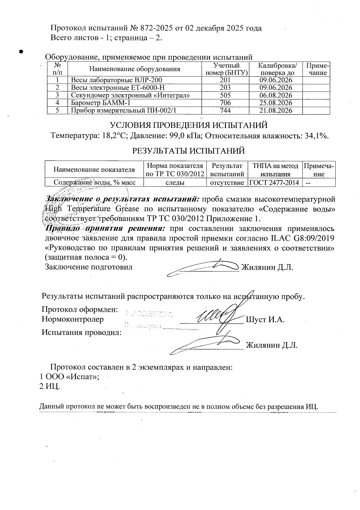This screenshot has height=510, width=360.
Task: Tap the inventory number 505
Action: pyautogui.click(x=225, y=95)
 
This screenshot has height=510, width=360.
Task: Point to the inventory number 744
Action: pyautogui.click(x=225, y=110)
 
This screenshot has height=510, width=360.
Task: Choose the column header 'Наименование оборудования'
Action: pyautogui.click(x=135, y=69)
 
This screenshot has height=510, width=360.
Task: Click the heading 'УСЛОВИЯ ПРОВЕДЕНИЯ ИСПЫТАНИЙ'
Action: pyautogui.click(x=188, y=125)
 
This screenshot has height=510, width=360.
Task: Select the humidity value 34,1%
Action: pyautogui.click(x=316, y=136)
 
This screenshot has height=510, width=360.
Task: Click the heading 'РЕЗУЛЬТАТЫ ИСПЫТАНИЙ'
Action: pyautogui.click(x=188, y=151)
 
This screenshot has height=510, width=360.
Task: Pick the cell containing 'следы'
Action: pyautogui.click(x=175, y=182)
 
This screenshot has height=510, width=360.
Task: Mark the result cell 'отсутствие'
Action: pyautogui.click(x=227, y=182)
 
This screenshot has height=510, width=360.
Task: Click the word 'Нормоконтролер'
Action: pyautogui.click(x=73, y=319)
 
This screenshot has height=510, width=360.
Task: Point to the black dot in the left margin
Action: pyautogui.click(x=21, y=51)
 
